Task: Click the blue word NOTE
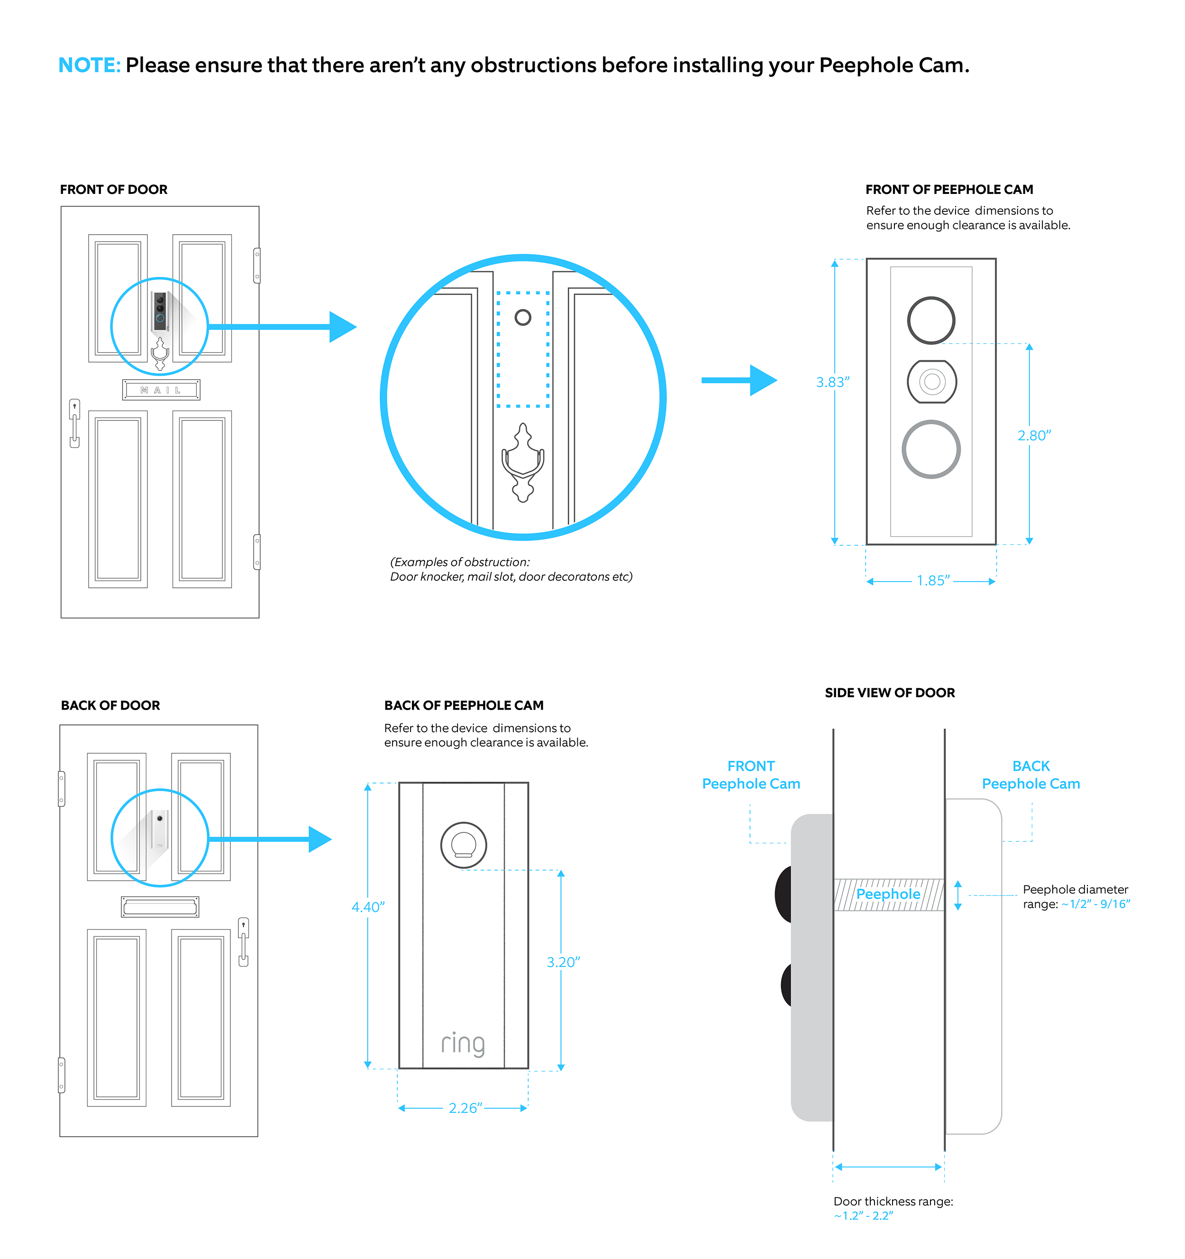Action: click(89, 65)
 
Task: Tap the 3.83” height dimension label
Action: click(832, 383)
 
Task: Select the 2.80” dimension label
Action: click(1034, 436)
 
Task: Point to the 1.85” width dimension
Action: click(933, 581)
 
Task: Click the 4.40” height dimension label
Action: click(368, 907)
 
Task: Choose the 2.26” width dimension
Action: click(465, 1108)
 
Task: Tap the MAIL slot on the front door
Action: click(161, 390)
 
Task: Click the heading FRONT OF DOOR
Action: click(114, 189)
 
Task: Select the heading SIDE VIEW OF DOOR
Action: click(889, 693)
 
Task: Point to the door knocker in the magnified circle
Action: click(522, 462)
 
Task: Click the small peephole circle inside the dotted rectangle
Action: click(522, 317)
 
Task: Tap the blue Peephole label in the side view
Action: click(888, 894)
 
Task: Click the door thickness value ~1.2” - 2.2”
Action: click(863, 1215)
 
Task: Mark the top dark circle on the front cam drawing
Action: click(931, 320)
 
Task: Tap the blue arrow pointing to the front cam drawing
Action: click(739, 380)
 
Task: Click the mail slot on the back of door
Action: click(160, 907)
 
